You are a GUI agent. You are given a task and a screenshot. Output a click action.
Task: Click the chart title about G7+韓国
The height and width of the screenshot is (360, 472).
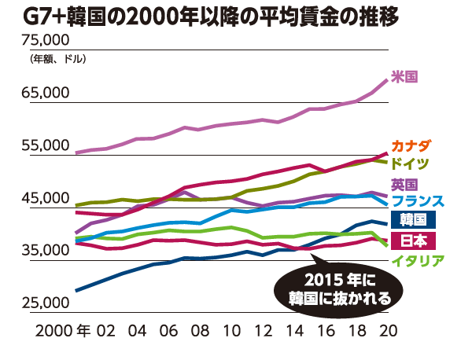(x=236, y=16)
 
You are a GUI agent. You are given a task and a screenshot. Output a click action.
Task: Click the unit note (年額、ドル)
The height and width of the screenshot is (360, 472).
(x=57, y=59)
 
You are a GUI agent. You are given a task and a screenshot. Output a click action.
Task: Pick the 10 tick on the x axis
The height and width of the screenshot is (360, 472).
(x=231, y=330)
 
